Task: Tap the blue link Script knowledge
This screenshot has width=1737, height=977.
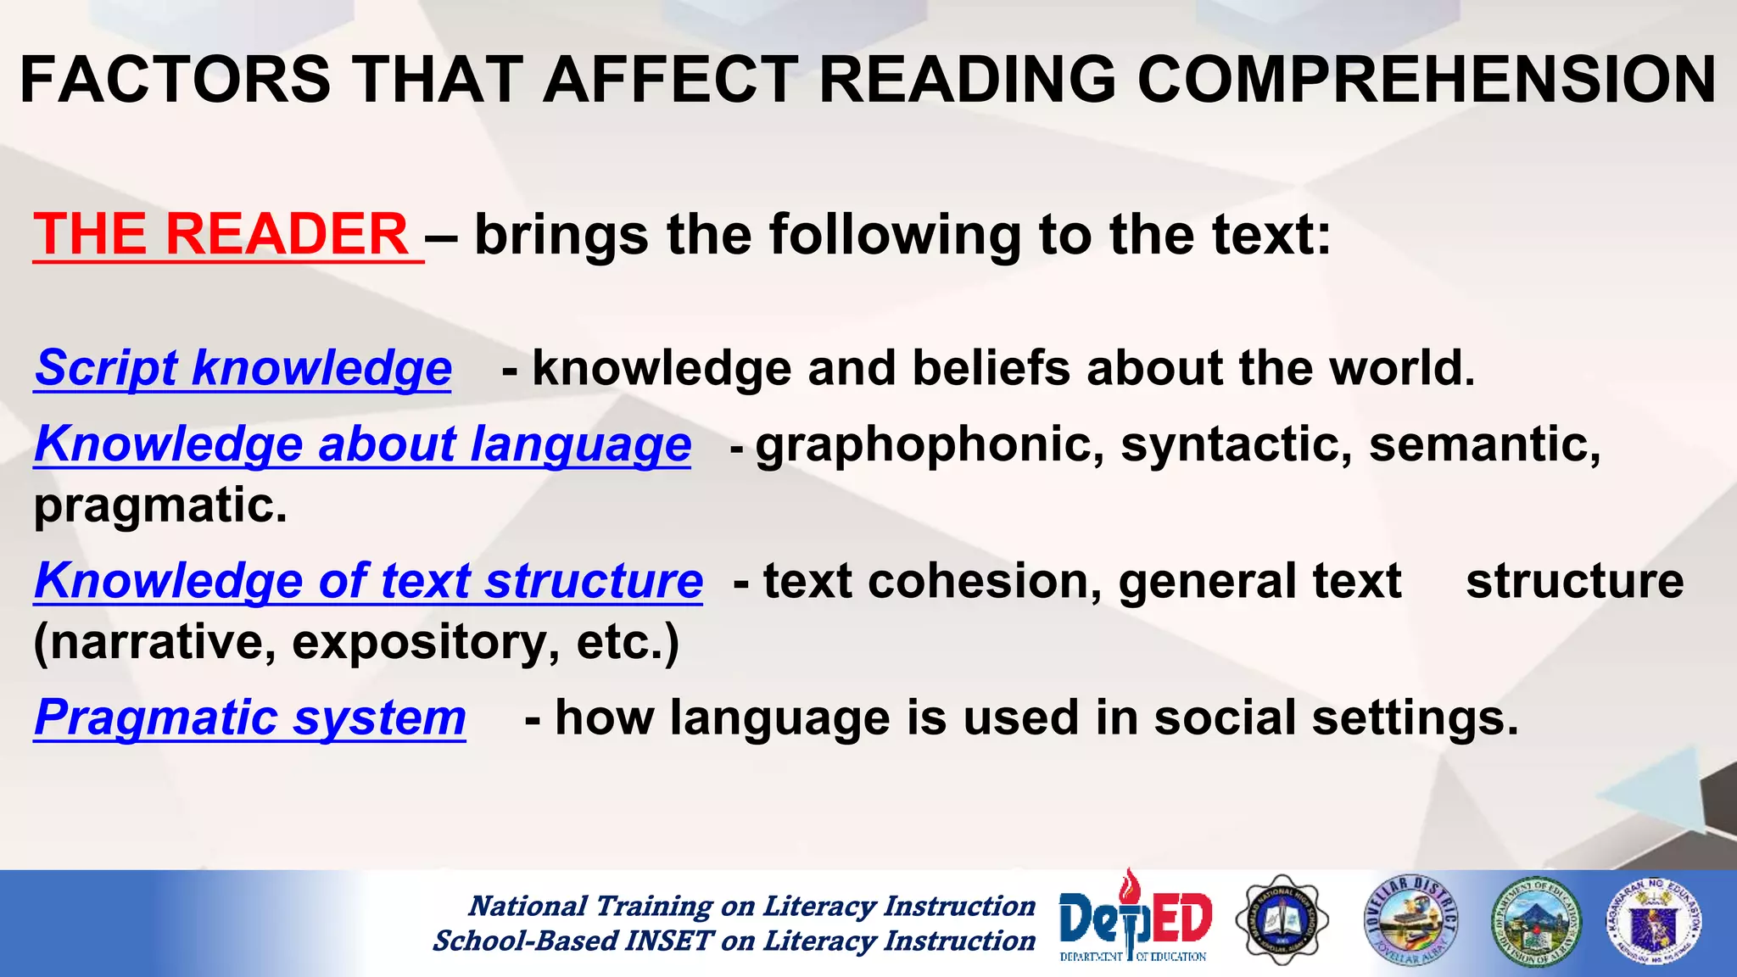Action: [243, 368]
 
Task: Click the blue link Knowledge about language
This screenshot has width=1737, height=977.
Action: [362, 444]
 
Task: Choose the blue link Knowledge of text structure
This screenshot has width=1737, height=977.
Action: [368, 581]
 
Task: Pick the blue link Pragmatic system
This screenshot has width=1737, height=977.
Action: [250, 717]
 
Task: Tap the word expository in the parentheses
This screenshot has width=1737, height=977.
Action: [425, 642]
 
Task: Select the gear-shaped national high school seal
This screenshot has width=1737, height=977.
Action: [1282, 921]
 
